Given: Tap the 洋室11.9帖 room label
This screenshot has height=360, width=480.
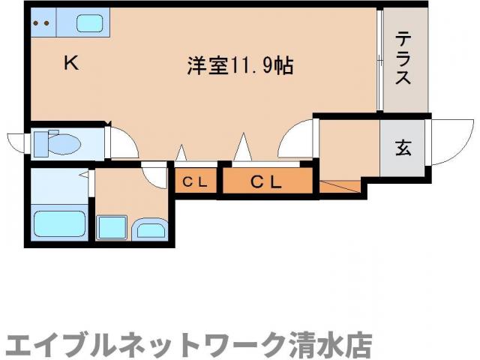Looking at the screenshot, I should pyautogui.click(x=239, y=66).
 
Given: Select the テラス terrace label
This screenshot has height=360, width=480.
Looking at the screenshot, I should pyautogui.click(x=403, y=58).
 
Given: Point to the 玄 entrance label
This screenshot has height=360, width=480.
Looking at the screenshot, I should pyautogui.click(x=403, y=148).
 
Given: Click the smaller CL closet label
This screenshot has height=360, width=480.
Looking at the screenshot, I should pyautogui.click(x=196, y=181).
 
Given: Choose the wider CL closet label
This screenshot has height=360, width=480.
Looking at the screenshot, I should pyautogui.click(x=265, y=181).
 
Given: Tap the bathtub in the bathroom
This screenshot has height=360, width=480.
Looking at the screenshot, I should pyautogui.click(x=59, y=223).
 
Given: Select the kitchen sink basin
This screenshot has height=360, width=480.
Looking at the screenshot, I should pyautogui.click(x=89, y=23).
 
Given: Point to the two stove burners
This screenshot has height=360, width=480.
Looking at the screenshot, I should pyautogui.click(x=41, y=23).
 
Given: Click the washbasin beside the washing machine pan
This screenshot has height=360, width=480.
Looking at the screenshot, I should pyautogui.click(x=149, y=228).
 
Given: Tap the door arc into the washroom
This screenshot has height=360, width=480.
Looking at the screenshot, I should pyautogui.click(x=156, y=175).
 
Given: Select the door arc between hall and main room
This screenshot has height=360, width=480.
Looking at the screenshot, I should pyautogui.click(x=296, y=139).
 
